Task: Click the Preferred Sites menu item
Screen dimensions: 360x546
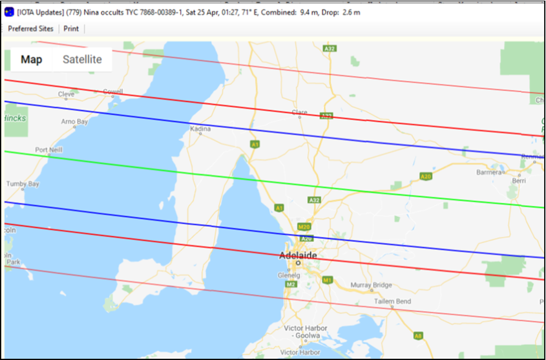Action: tap(30, 28)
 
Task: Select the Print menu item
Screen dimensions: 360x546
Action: tap(71, 28)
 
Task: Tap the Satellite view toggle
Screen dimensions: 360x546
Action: tap(82, 59)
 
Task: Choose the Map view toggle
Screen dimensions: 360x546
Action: tap(31, 59)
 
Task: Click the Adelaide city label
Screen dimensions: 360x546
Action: tap(298, 256)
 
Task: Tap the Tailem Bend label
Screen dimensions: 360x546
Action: tap(392, 301)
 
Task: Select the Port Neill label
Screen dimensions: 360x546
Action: tap(49, 150)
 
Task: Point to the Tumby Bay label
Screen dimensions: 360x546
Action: tap(23, 184)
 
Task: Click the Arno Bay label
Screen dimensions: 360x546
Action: tap(74, 122)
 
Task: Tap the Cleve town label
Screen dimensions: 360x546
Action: tap(67, 94)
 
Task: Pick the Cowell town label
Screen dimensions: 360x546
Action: tap(112, 92)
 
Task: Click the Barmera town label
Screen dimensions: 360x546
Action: tap(488, 173)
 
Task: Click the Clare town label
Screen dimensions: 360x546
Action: tap(300, 112)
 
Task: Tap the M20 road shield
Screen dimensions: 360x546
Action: tap(304, 227)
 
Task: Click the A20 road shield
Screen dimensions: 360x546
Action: tap(425, 176)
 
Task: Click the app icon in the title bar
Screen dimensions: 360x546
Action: tap(9, 12)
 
